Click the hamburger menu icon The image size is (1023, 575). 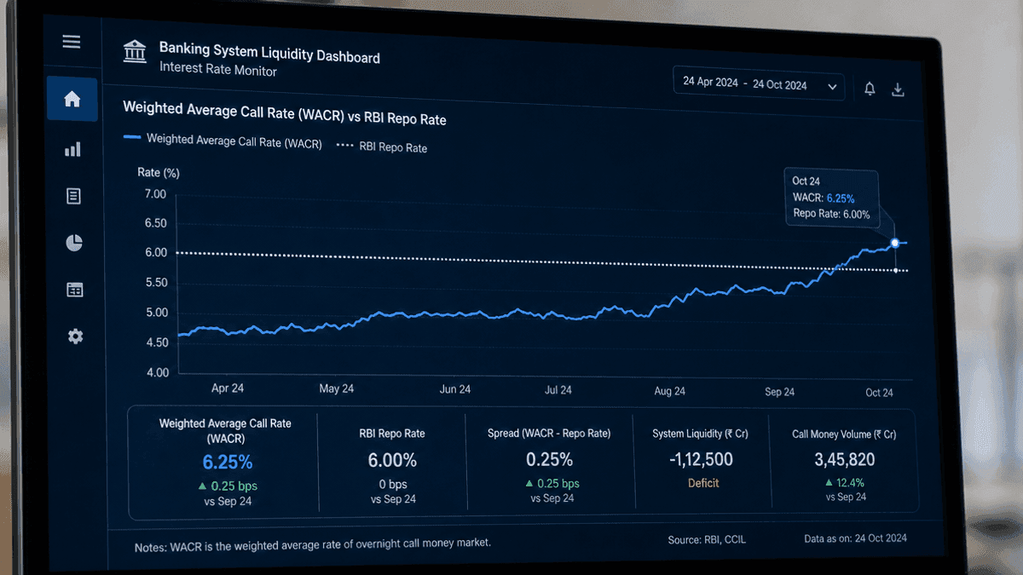[72, 42]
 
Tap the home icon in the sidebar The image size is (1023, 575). [72, 99]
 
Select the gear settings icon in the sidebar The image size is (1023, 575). [75, 336]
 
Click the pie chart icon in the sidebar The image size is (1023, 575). [74, 243]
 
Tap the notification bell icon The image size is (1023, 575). [870, 89]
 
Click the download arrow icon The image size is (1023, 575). [898, 89]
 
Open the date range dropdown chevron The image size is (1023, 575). [832, 87]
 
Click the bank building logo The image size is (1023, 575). [135, 51]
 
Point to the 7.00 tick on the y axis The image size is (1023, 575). [155, 194]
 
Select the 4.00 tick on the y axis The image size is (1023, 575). [158, 372]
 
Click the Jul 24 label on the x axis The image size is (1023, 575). [558, 390]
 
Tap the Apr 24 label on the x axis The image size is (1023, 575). [228, 388]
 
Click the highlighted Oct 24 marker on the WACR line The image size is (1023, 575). [895, 243]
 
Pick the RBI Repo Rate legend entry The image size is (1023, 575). [382, 147]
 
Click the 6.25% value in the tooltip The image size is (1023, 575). [841, 198]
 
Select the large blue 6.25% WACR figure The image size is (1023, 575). [228, 463]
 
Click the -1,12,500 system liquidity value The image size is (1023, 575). [701, 459]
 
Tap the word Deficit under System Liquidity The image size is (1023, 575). [703, 483]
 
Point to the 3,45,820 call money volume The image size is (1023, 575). [845, 459]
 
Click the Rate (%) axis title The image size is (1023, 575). [159, 172]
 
